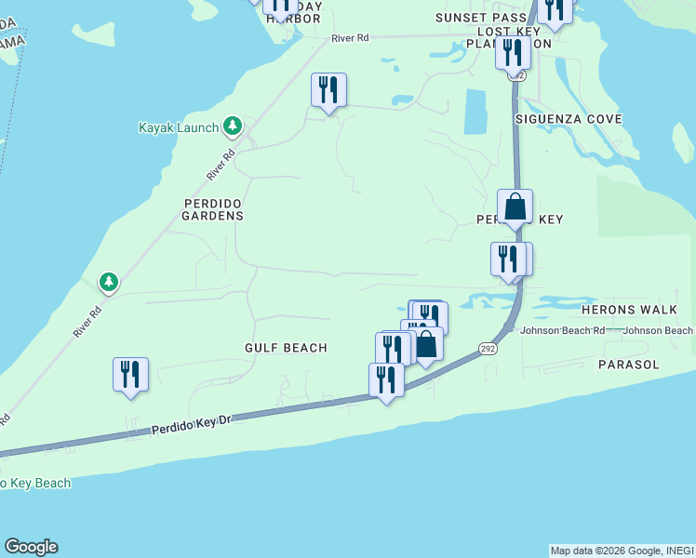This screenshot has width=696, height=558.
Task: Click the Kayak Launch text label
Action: [178, 127]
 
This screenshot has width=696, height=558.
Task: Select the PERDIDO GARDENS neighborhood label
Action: [213, 209]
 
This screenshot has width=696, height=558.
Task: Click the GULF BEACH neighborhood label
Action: [286, 348]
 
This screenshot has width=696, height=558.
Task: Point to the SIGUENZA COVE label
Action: [569, 120]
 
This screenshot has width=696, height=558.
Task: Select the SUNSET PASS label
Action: [475, 18]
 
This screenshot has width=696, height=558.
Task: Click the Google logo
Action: [31, 547]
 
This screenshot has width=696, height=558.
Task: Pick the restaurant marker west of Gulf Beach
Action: [129, 375]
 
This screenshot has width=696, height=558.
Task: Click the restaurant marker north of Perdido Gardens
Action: [328, 90]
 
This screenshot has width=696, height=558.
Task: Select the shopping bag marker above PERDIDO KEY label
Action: [515, 206]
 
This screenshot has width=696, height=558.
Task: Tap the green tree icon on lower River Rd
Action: [109, 281]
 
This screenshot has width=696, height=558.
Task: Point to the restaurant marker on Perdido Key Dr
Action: [386, 379]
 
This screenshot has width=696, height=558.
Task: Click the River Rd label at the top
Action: [350, 38]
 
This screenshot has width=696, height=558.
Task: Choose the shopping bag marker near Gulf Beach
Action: [425, 345]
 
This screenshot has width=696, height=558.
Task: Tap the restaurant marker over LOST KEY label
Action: [512, 51]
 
